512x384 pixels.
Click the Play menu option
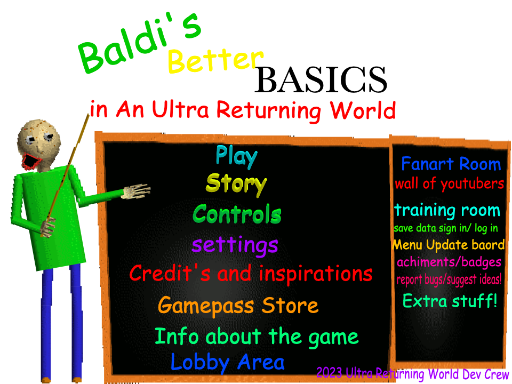click(237, 156)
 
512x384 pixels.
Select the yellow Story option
click(236, 183)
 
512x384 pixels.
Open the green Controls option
click(237, 214)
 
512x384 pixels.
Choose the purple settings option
click(235, 245)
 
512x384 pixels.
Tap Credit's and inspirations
click(251, 274)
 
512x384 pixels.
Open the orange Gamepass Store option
click(238, 306)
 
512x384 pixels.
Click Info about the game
click(256, 337)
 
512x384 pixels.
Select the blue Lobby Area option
click(227, 363)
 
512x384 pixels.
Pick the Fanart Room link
click(451, 164)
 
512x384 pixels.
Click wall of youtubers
click(449, 184)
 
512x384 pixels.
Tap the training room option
click(447, 210)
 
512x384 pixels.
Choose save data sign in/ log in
click(446, 228)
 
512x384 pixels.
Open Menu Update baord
click(448, 245)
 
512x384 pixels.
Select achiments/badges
click(449, 262)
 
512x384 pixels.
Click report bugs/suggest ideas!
click(449, 279)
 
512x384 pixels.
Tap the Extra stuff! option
click(450, 301)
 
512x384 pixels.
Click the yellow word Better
click(215, 61)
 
